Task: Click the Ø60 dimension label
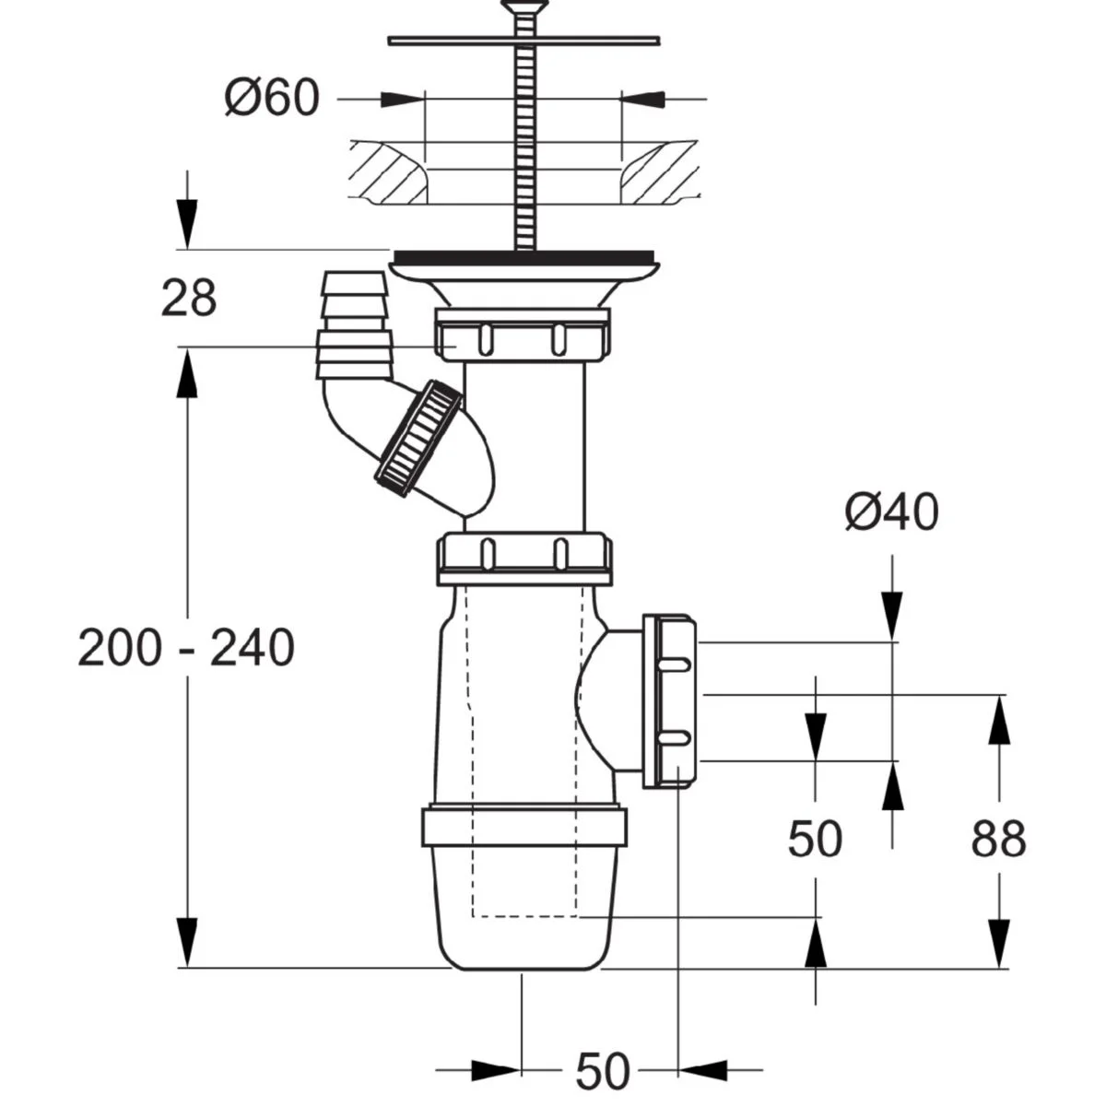pos(273,98)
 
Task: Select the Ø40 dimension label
pos(891,512)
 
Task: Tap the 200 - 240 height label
pos(186,648)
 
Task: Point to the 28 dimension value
pos(188,299)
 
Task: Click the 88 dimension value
pos(998,840)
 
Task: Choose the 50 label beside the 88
pos(815,840)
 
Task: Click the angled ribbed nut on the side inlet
pos(418,439)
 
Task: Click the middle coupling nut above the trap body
pos(523,557)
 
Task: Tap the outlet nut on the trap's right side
pos(671,700)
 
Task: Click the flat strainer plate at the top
pos(524,40)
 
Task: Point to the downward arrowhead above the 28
pos(188,227)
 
